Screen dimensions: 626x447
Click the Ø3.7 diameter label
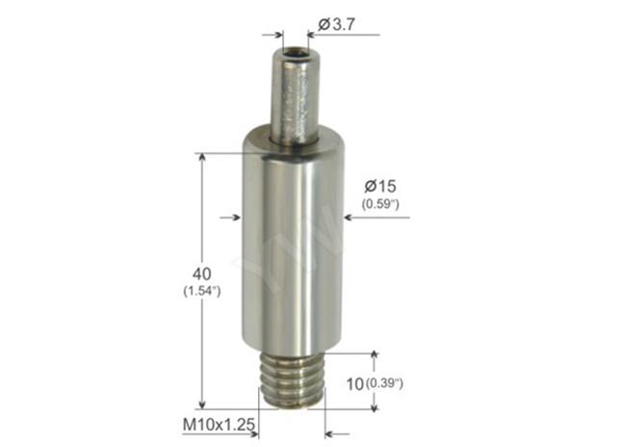pos(336,25)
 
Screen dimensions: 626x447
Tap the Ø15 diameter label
pos(380,186)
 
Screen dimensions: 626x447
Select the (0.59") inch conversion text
pos(380,204)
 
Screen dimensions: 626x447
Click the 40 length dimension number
pos(201,274)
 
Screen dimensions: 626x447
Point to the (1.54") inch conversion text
pos(202,291)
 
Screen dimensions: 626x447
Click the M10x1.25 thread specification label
pos(219,424)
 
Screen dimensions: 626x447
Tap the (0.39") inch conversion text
pos(384,383)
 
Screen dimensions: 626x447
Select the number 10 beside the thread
pos(355,384)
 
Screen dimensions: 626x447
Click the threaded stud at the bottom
pos(292,381)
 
